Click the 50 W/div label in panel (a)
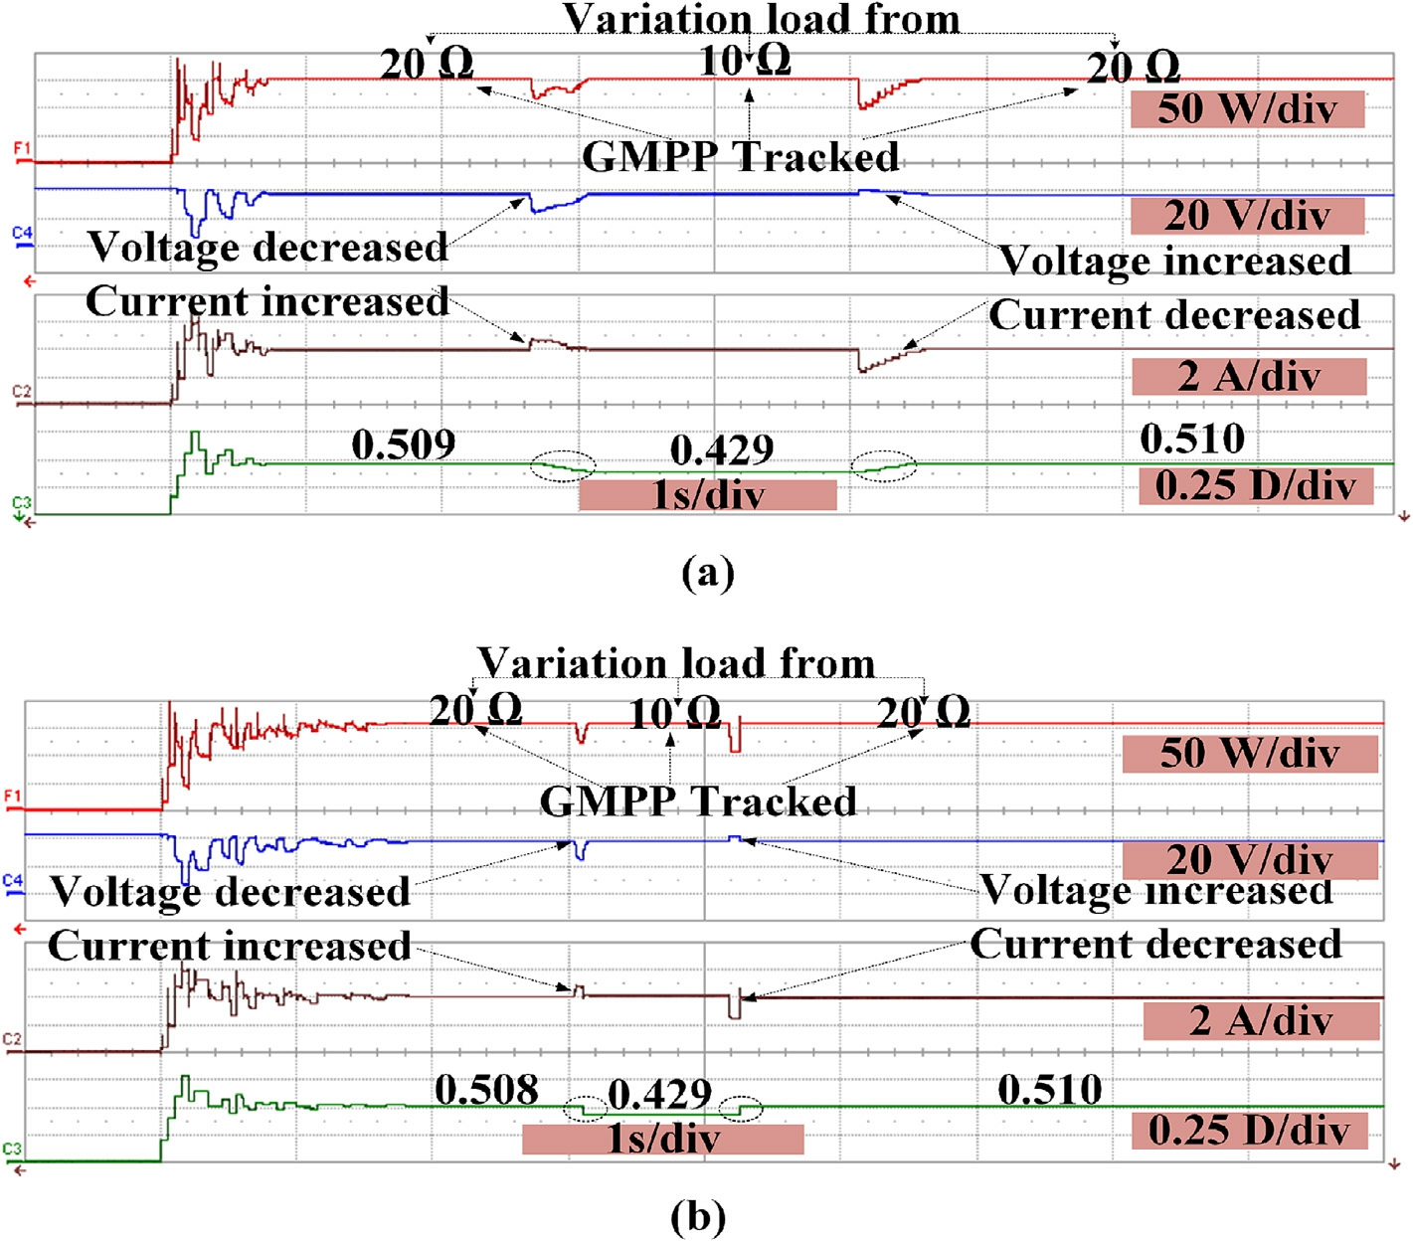(x=1247, y=108)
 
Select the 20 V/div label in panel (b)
(x=1249, y=860)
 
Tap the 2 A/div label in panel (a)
(x=1249, y=376)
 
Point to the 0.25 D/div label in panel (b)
(x=1249, y=1131)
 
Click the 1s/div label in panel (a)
(x=707, y=494)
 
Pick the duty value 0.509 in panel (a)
(x=404, y=444)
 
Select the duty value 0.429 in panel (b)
(x=660, y=1095)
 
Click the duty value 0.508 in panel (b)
(x=486, y=1090)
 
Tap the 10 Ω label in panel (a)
(x=746, y=62)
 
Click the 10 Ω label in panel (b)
(x=675, y=712)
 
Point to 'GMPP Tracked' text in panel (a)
(x=741, y=157)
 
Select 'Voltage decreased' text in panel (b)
(x=230, y=891)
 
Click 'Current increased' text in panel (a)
(x=267, y=301)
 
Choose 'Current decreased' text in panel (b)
(x=1155, y=944)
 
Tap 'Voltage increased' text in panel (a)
(x=1175, y=261)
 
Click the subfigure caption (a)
(x=708, y=573)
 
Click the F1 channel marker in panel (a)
(x=22, y=149)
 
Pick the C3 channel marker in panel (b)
(x=13, y=1150)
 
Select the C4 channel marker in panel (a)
(x=22, y=234)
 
